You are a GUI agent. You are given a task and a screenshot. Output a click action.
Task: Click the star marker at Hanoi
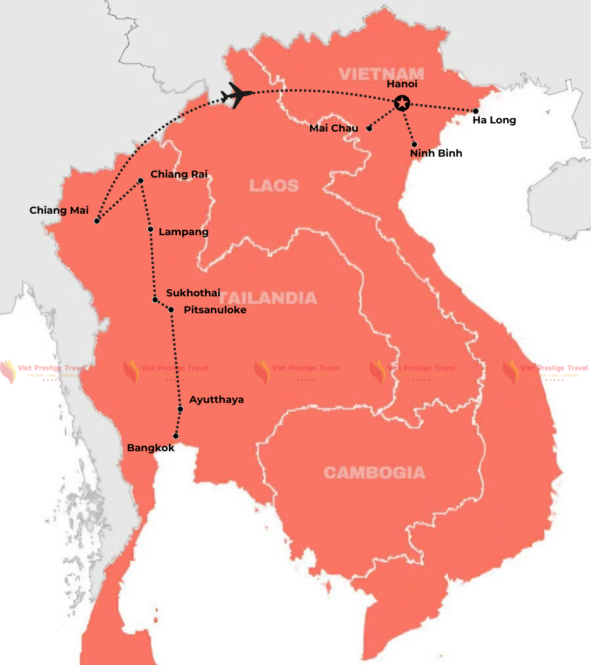point(402,103)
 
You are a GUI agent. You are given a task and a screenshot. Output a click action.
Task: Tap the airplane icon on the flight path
point(237,95)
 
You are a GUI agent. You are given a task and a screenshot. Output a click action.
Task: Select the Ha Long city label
point(494,121)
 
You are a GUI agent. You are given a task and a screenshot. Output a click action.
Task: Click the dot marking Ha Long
point(476,111)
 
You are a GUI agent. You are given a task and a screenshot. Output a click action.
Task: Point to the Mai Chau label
point(334,128)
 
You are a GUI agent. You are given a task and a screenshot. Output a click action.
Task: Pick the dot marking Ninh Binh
point(414,144)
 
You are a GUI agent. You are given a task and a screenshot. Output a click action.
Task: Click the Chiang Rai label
point(179,174)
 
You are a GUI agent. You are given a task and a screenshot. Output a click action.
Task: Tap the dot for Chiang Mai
point(97,221)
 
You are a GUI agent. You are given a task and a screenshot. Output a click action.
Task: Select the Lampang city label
point(183,232)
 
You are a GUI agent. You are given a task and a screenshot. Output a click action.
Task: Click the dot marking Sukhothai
point(155,300)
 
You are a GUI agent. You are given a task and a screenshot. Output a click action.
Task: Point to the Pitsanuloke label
point(215,310)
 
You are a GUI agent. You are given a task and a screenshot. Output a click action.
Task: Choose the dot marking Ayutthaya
point(181,409)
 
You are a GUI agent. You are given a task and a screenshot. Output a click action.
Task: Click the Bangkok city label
point(150,448)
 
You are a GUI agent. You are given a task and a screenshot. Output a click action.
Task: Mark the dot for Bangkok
point(176,436)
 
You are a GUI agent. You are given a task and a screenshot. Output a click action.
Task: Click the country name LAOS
point(274,186)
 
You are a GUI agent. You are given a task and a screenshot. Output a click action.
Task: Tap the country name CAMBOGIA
point(374,472)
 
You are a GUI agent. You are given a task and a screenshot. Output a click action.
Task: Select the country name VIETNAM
point(381,74)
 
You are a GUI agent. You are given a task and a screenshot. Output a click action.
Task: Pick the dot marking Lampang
point(151,229)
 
